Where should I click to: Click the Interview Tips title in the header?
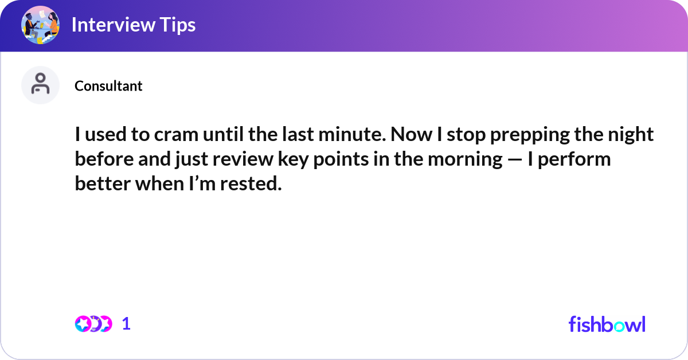(x=133, y=25)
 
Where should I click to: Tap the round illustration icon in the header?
(x=41, y=25)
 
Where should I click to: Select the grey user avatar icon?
(x=41, y=85)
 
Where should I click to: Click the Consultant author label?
(x=108, y=86)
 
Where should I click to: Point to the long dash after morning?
(x=514, y=159)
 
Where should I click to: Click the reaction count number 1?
(x=126, y=324)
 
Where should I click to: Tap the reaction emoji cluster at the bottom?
(x=93, y=324)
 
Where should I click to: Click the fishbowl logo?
(x=607, y=324)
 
